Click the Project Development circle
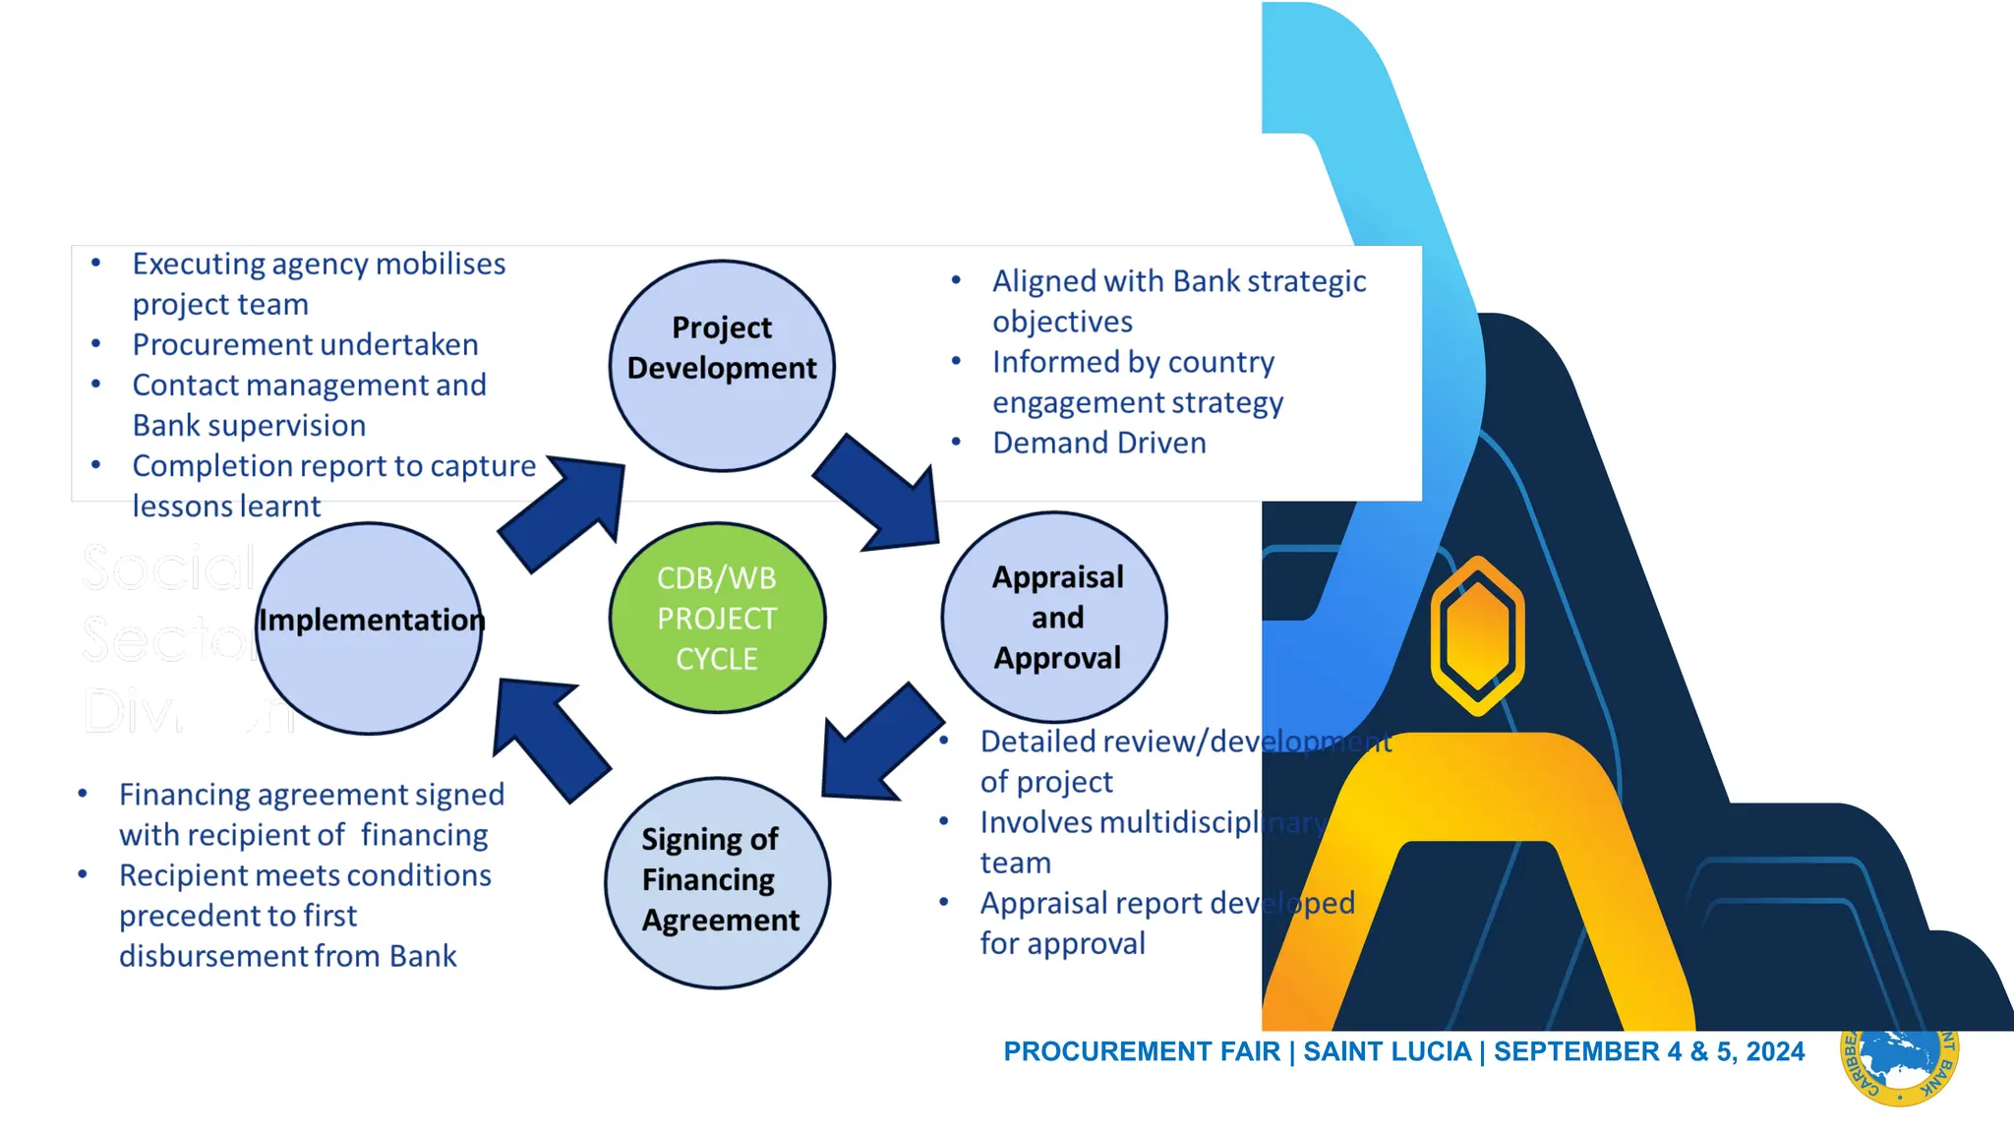[722, 366]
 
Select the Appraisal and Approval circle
[1054, 618]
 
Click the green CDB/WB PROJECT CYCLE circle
[717, 618]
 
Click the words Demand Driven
[1098, 443]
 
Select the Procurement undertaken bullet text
[305, 344]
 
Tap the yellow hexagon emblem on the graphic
[1477, 636]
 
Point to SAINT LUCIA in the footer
[1387, 1051]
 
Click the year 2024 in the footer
[1775, 1051]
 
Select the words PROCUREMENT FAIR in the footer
[1142, 1051]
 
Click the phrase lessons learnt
[226, 506]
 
